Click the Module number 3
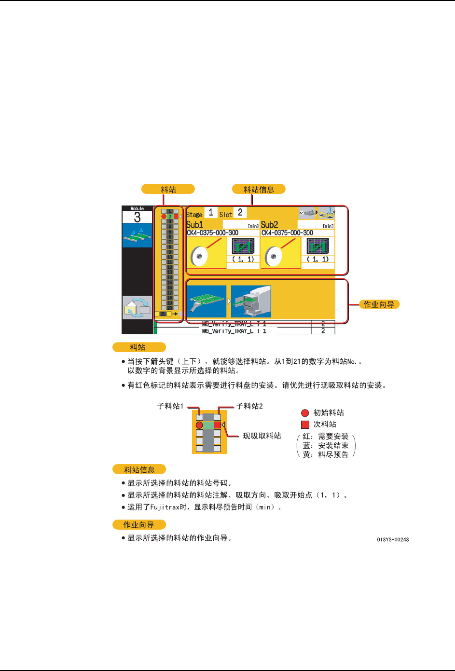pyautogui.click(x=137, y=218)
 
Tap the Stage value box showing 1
pyautogui.click(x=211, y=212)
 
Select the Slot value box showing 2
pyautogui.click(x=240, y=212)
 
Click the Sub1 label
pyautogui.click(x=195, y=224)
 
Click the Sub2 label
pyautogui.click(x=270, y=224)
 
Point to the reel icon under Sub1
pyautogui.click(x=199, y=256)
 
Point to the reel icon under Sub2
pyautogui.click(x=274, y=256)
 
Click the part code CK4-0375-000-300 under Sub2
pyautogui.click(x=288, y=233)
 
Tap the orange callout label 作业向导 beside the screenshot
pyautogui.click(x=379, y=304)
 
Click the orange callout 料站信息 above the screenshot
pyautogui.click(x=259, y=189)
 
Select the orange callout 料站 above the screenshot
pyautogui.click(x=168, y=189)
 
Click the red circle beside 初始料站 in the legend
pyautogui.click(x=305, y=413)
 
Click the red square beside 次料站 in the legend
pyautogui.click(x=305, y=425)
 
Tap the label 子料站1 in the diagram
pyautogui.click(x=170, y=406)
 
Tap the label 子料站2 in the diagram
pyautogui.click(x=249, y=406)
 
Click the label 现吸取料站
pyautogui.click(x=262, y=436)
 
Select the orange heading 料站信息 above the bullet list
pyautogui.click(x=139, y=469)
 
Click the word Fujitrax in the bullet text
pyautogui.click(x=165, y=507)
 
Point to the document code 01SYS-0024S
pyautogui.click(x=393, y=539)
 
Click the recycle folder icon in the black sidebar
pyautogui.click(x=137, y=308)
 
